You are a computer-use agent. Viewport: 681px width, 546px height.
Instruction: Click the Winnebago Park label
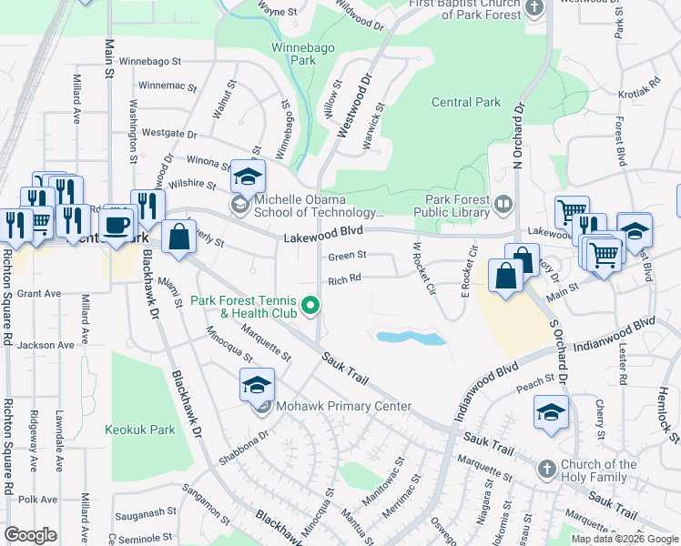(x=293, y=54)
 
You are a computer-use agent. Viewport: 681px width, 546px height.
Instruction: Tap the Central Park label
(x=465, y=102)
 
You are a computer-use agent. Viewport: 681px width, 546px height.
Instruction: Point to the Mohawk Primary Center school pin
(x=258, y=384)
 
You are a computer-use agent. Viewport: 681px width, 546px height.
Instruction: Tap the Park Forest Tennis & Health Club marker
(x=310, y=306)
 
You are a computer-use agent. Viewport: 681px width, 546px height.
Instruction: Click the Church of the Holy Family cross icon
(x=546, y=470)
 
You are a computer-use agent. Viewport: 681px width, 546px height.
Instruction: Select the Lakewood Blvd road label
(x=317, y=238)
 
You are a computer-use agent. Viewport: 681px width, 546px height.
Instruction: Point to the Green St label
(x=347, y=256)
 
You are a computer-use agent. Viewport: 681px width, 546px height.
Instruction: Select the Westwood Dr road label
(x=356, y=107)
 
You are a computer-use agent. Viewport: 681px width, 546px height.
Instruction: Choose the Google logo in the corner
(x=31, y=534)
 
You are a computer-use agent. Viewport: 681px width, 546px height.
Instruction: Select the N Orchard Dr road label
(x=520, y=137)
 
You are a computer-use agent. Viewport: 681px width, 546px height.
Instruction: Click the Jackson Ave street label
(x=45, y=345)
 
